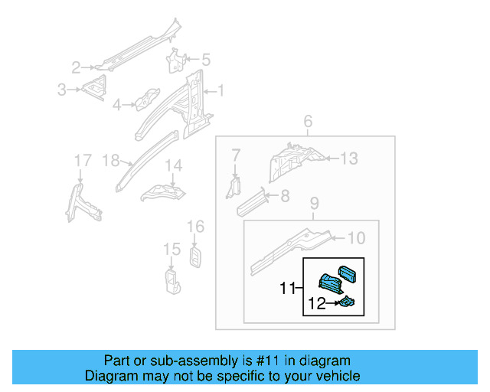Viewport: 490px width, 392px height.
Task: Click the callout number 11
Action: point(287,289)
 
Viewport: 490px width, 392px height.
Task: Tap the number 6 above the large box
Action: point(308,122)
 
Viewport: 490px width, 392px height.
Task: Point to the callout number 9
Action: point(314,204)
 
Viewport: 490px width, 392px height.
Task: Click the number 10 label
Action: point(356,238)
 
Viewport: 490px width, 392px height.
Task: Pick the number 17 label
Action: point(82,160)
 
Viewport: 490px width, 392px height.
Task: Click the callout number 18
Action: point(111,160)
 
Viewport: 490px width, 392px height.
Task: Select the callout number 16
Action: point(196,226)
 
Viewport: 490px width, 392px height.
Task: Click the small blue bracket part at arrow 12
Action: point(348,305)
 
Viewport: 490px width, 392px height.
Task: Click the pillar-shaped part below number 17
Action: point(83,201)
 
